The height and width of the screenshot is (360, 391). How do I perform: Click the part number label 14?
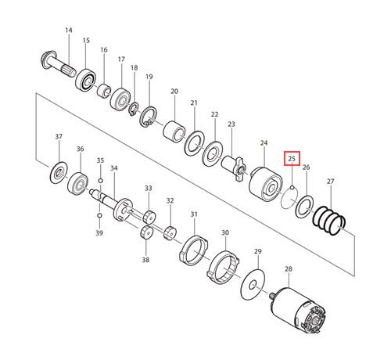pyautogui.click(x=69, y=31)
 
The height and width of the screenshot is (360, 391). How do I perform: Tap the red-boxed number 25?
pyautogui.click(x=292, y=158)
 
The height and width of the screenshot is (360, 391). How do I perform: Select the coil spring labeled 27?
pyautogui.click(x=329, y=221)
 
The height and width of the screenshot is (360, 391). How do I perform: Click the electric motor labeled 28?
pyautogui.click(x=298, y=311)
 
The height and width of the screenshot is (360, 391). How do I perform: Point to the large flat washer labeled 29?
pyautogui.click(x=253, y=285)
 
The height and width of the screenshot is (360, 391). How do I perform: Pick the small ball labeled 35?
pyautogui.click(x=100, y=181)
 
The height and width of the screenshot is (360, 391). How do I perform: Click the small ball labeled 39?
pyautogui.click(x=99, y=215)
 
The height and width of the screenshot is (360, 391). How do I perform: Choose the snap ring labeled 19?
pyautogui.click(x=149, y=117)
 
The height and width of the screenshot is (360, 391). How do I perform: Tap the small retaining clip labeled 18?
pyautogui.click(x=134, y=110)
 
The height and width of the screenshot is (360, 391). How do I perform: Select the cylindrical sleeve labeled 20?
pyautogui.click(x=174, y=131)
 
